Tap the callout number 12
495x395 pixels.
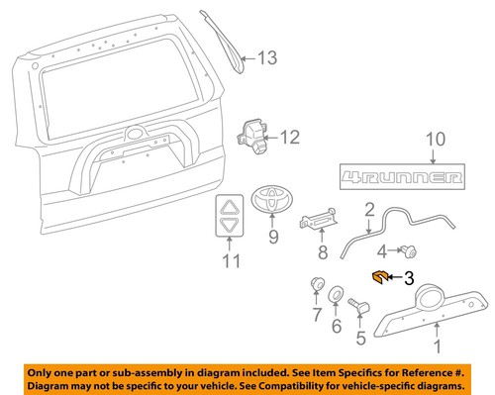coord(288,135)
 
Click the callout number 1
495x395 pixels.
coord(437,346)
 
